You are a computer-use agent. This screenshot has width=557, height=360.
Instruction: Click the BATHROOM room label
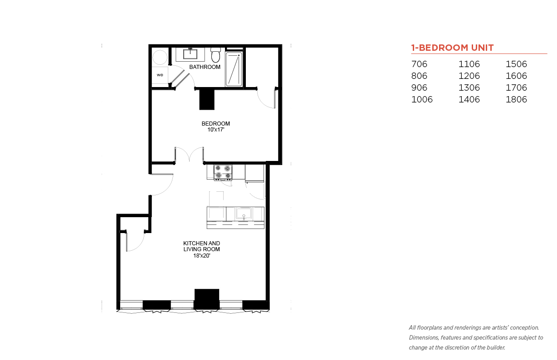coord(205,67)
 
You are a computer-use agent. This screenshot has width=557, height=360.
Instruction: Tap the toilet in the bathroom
coord(215,55)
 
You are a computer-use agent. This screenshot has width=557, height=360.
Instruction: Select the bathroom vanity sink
coord(190,54)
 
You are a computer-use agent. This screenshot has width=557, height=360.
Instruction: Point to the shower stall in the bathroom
coord(234,69)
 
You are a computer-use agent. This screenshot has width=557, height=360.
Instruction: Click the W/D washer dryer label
coord(160,75)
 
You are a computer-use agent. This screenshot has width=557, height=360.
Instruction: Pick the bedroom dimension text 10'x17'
coord(216,130)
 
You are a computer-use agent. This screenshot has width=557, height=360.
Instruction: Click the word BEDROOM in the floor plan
coord(215,124)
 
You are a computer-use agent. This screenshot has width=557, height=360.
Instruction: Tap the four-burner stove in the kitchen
coord(223,172)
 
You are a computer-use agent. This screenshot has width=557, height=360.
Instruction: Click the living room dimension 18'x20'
coord(202,256)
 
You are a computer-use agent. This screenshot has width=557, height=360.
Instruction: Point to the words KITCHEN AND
coord(202,243)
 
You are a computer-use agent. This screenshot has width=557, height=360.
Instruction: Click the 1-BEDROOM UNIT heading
coord(452,48)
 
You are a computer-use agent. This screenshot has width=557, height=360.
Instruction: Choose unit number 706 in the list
coord(419,64)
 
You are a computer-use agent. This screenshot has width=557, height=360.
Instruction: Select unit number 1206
coord(469,76)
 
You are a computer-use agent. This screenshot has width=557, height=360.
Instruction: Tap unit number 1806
coord(516,99)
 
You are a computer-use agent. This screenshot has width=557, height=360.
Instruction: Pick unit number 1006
coord(422,99)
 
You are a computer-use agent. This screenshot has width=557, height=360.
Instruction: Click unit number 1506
coord(516,64)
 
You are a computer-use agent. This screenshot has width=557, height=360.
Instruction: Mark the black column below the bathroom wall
coord(207,99)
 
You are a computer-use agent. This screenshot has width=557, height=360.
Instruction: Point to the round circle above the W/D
coord(160,57)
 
